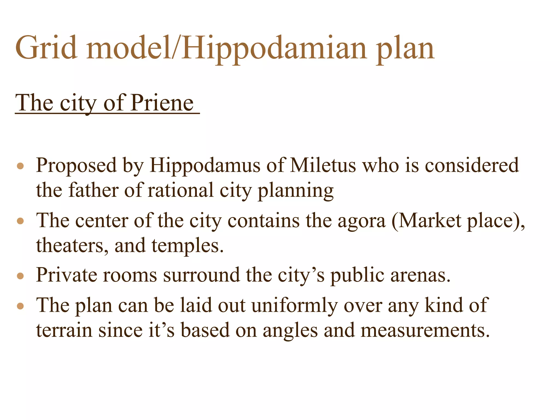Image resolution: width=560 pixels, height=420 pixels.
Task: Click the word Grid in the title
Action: (x=46, y=48)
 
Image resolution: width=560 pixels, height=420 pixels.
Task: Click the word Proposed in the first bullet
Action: (x=76, y=166)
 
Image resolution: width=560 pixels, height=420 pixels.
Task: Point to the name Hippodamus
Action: (x=205, y=166)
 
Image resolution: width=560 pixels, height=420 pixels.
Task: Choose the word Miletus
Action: (x=323, y=165)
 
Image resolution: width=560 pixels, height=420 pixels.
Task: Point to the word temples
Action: (x=188, y=246)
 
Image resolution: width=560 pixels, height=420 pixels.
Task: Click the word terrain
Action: (x=64, y=330)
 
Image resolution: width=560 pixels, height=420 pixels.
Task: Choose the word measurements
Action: (x=425, y=330)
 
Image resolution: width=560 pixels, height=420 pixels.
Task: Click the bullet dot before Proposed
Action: (x=20, y=166)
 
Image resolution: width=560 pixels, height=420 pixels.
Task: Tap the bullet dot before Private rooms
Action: (x=20, y=276)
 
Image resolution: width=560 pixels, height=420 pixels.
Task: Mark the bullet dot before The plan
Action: (x=20, y=306)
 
